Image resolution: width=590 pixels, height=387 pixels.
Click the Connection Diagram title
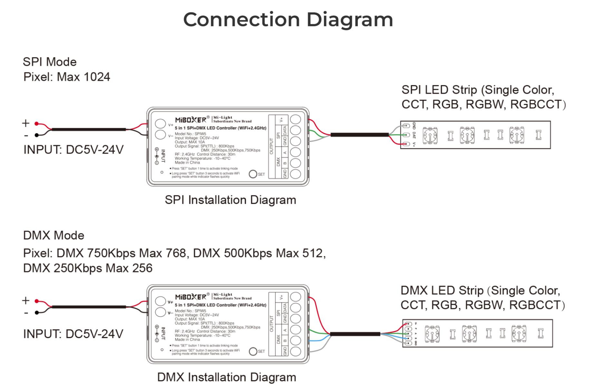tap(288, 20)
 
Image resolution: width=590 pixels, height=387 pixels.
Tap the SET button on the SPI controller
tap(253, 174)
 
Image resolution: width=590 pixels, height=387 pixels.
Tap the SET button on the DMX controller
tap(253, 351)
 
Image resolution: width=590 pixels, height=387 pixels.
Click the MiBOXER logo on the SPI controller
tap(191, 120)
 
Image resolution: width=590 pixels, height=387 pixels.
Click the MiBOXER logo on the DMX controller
tap(191, 297)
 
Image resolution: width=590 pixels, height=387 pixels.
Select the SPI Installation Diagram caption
tap(230, 200)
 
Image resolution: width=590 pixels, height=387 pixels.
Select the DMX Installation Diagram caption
tap(227, 377)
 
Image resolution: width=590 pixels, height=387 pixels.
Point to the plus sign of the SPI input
tap(26, 123)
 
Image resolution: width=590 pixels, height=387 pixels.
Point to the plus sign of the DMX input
tap(26, 301)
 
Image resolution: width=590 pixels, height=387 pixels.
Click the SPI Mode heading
tap(50, 62)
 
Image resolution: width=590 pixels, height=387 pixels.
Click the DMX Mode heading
tap(53, 235)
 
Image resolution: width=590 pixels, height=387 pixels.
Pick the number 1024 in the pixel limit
tap(97, 77)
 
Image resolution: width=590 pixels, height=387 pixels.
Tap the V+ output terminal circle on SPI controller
tap(295, 119)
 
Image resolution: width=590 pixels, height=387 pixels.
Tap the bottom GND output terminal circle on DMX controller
tap(295, 351)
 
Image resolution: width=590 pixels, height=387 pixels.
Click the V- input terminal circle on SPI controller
tap(160, 135)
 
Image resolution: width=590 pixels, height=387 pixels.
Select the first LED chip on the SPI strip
tap(430, 135)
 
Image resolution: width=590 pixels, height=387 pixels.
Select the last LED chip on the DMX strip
tap(519, 333)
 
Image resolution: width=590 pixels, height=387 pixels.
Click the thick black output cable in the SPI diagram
tap(359, 135)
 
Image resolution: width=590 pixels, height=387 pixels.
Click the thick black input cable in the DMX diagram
tap(89, 307)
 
